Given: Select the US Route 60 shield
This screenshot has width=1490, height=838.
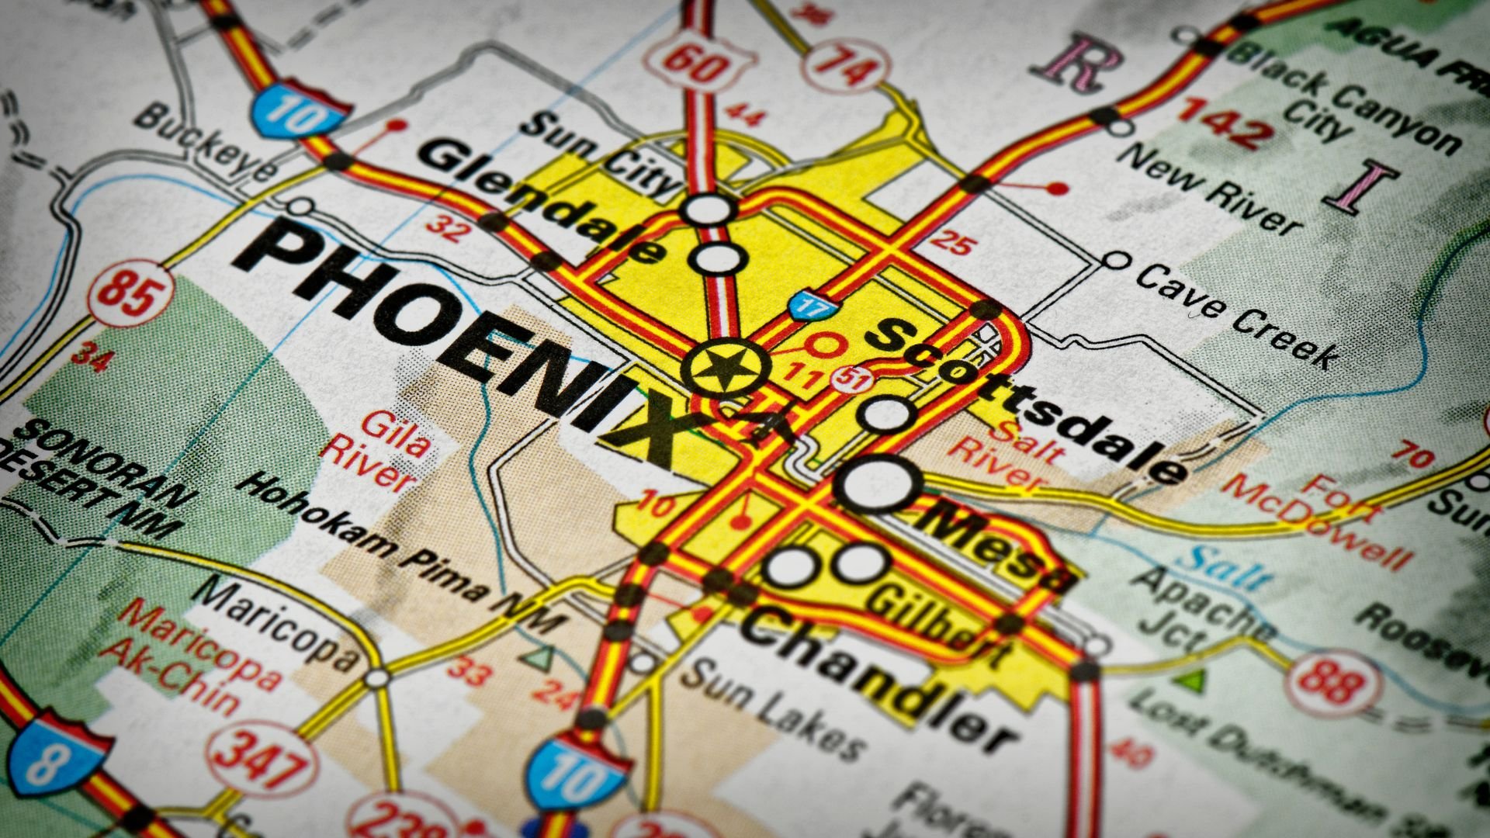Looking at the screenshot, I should tap(699, 63).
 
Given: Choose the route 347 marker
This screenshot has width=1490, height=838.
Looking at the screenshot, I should tap(255, 757).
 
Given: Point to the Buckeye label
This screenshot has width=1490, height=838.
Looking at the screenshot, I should tap(206, 144).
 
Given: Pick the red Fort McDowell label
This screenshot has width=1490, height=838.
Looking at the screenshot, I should tap(1319, 520).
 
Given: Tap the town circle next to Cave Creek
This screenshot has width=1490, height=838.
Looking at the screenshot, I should tap(1115, 260).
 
